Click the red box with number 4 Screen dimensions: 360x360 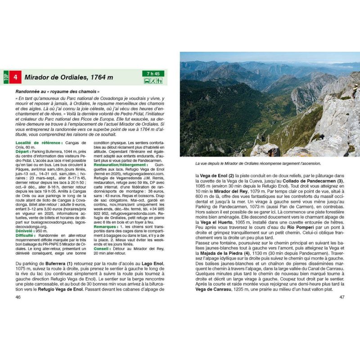tap(16, 77)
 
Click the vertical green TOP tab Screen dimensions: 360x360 tap(6, 77)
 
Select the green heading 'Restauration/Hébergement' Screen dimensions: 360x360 tap(119, 165)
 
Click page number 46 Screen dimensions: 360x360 tap(18, 297)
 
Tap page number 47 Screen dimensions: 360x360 tap(342, 297)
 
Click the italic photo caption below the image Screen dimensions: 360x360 tap(261, 164)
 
